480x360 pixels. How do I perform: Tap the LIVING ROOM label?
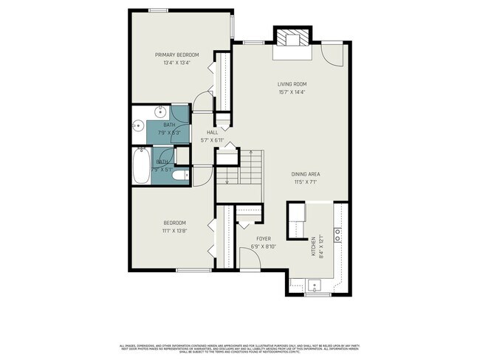tap(292, 84)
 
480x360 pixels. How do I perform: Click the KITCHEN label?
tap(315, 246)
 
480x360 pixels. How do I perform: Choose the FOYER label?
tap(264, 239)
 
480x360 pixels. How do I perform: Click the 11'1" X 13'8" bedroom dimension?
tap(175, 230)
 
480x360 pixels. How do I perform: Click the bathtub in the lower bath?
tap(141, 166)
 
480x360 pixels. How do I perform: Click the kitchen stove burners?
tap(337, 235)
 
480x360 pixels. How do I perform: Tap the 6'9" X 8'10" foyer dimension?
tap(264, 247)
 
